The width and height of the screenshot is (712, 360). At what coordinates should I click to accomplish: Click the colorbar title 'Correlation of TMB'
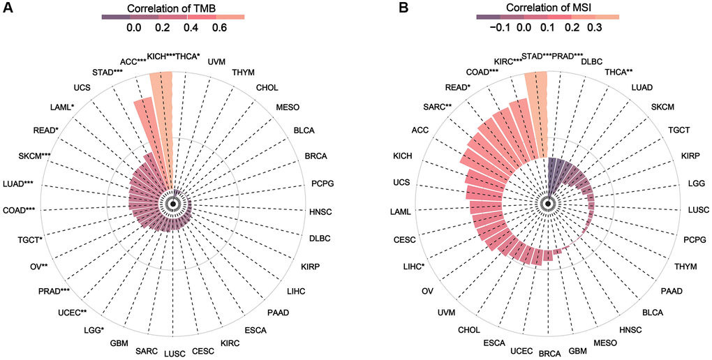point(172,8)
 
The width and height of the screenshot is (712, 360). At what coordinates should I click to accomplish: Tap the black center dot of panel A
point(173,203)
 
